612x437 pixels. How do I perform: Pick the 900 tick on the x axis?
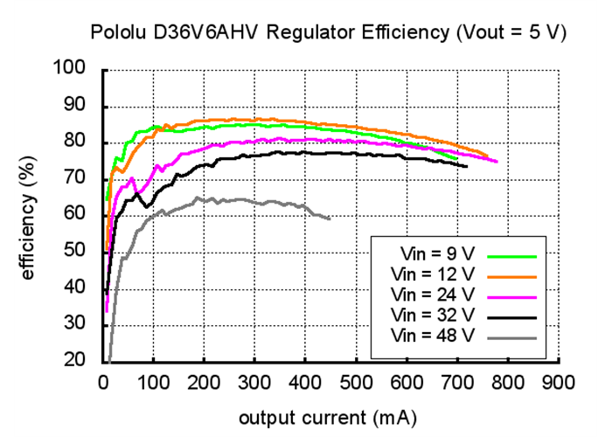pos(558,382)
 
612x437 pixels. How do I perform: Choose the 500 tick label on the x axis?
pos(355,382)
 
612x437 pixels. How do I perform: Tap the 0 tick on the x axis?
pos(103,382)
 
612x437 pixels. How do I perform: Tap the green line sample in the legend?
pos(512,255)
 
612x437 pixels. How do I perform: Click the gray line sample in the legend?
pos(512,333)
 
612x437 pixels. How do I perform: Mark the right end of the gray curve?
pos(330,218)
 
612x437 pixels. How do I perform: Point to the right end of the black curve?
pos(467,166)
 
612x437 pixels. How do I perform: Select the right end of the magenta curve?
pos(497,162)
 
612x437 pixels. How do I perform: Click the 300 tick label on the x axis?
pos(254,382)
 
